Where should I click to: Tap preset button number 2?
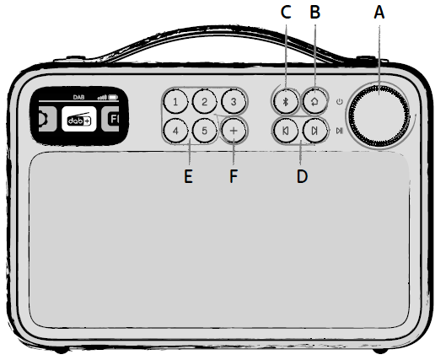pyautogui.click(x=205, y=101)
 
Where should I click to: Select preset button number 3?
pyautogui.click(x=234, y=101)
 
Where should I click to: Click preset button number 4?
pyautogui.click(x=175, y=131)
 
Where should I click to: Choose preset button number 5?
pyautogui.click(x=205, y=131)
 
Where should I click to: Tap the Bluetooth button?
pyautogui.click(x=286, y=101)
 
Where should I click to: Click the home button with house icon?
pyautogui.click(x=314, y=101)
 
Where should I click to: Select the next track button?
pyautogui.click(x=314, y=131)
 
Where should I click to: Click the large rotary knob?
pyautogui.click(x=379, y=116)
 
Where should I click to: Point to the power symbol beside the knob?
pyautogui.click(x=339, y=101)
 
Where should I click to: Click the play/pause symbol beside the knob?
pyautogui.click(x=340, y=131)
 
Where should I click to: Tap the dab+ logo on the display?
pyautogui.click(x=79, y=119)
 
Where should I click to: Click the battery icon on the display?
pyautogui.click(x=113, y=98)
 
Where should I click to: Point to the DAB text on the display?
pyautogui.click(x=78, y=97)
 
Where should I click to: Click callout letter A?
pyautogui.click(x=379, y=13)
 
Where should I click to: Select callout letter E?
pyautogui.click(x=188, y=176)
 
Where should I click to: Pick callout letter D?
pyautogui.click(x=302, y=176)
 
